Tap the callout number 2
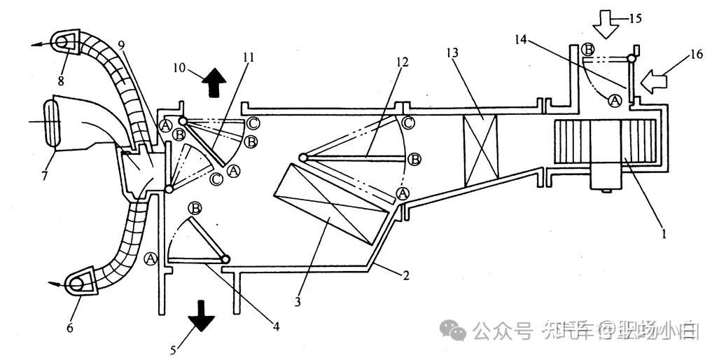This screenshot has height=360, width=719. [404, 275]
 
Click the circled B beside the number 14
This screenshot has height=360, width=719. [588, 49]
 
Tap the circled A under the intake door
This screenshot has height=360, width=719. [614, 100]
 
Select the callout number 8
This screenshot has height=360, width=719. [61, 81]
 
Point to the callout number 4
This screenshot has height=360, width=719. [276, 326]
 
